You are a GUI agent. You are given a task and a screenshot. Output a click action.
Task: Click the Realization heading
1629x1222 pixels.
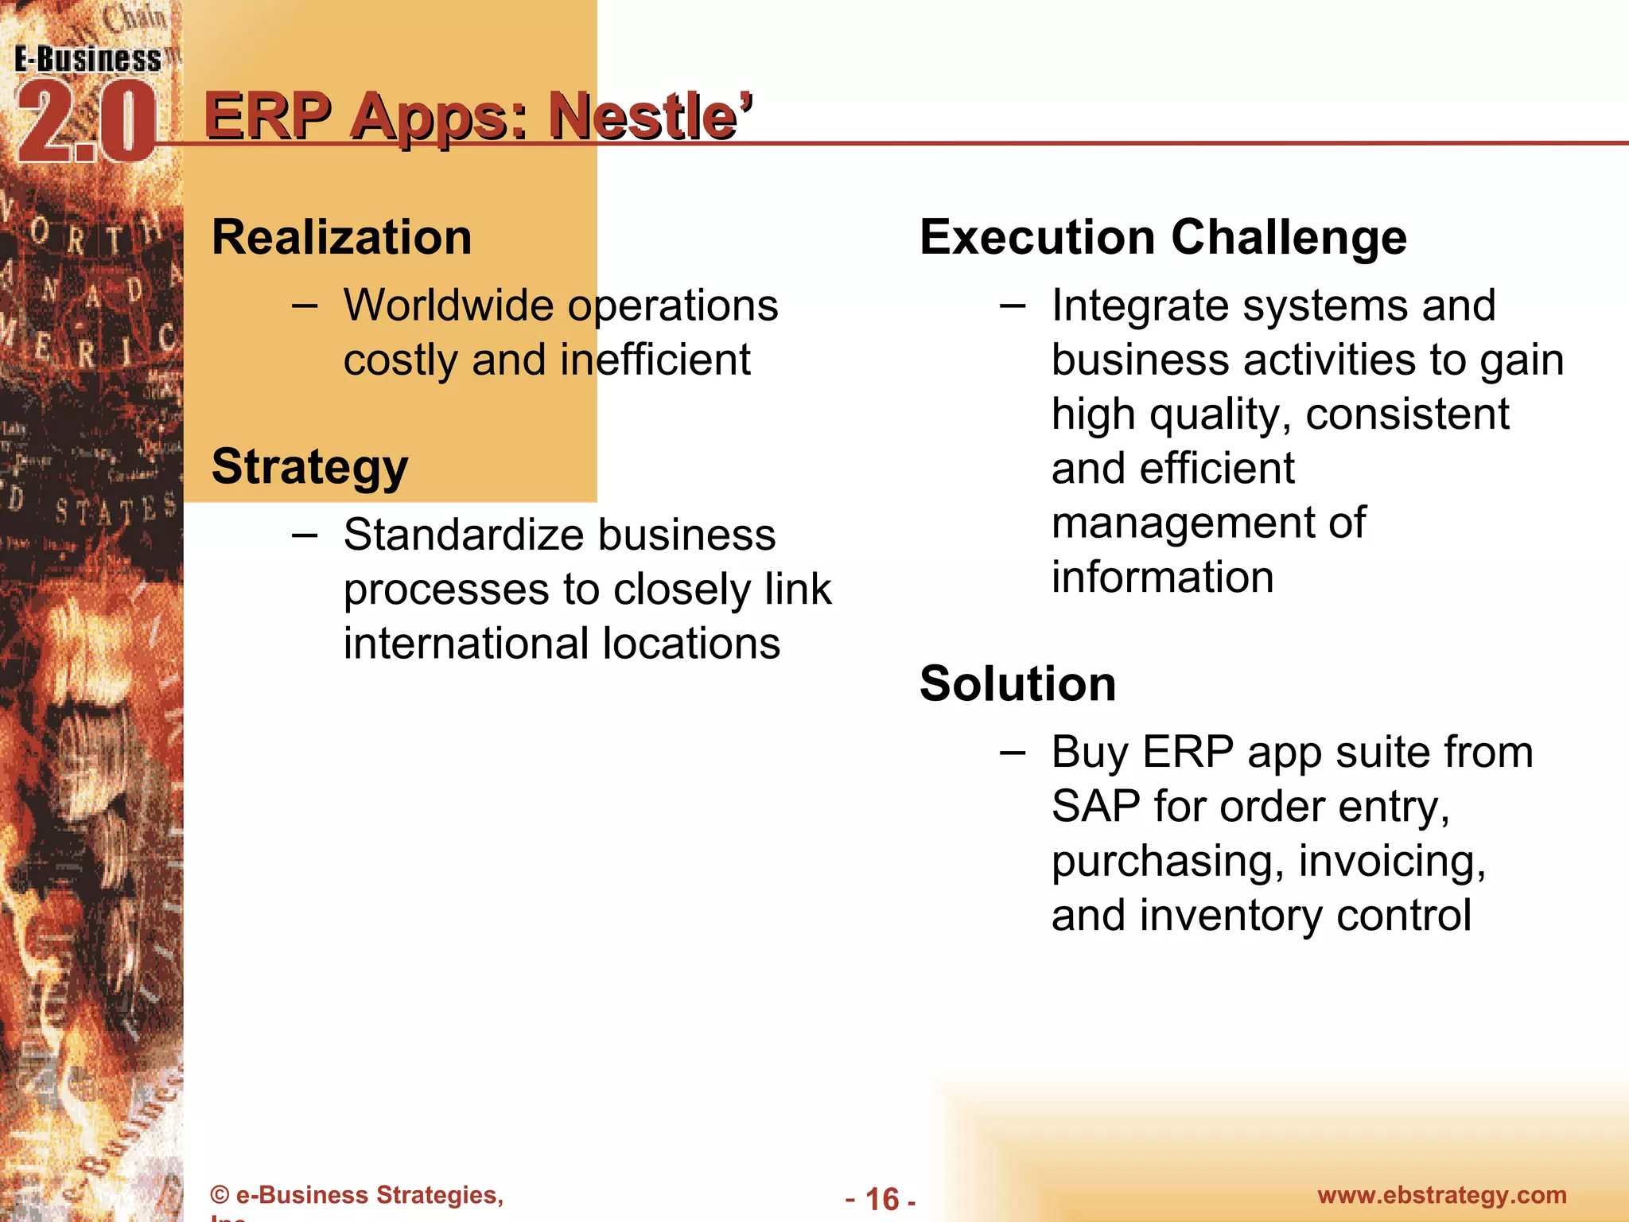coord(342,237)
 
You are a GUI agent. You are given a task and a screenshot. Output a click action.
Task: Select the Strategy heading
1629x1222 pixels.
coord(309,466)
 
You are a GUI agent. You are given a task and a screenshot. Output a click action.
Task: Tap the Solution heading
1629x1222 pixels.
coord(1017,683)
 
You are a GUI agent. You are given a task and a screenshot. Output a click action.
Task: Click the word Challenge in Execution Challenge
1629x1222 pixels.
coord(1289,237)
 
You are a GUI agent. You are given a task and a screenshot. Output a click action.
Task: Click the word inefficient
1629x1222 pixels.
coord(655,360)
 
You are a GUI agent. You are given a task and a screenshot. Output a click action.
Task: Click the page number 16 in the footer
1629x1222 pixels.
coord(881,1199)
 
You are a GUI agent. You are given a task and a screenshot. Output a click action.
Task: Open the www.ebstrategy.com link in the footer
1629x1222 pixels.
coord(1441,1195)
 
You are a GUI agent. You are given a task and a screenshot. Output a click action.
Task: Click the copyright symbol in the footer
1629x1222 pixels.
coord(220,1196)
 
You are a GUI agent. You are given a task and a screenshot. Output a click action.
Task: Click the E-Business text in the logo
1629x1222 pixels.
coord(87,60)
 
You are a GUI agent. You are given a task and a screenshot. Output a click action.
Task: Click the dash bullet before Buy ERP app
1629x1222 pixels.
coord(1012,752)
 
